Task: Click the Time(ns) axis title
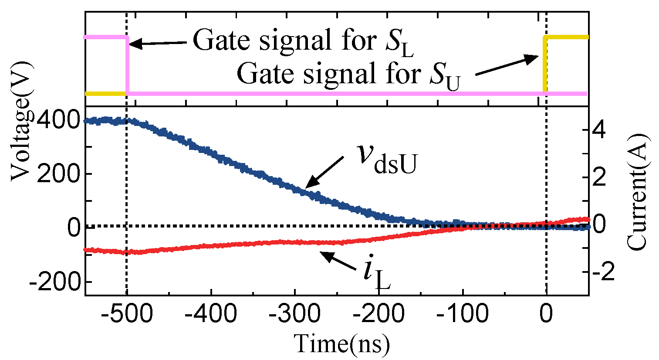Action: pyautogui.click(x=342, y=344)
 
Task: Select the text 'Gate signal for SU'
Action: pyautogui.click(x=348, y=75)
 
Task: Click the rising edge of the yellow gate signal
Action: pyautogui.click(x=544, y=65)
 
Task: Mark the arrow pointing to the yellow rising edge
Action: pyautogui.click(x=507, y=65)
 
